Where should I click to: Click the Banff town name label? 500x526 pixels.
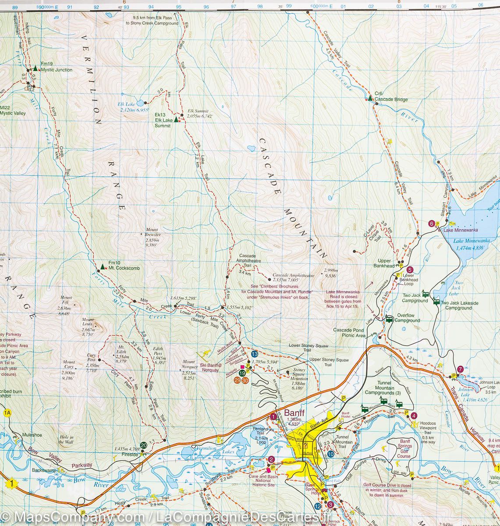(x=294, y=413)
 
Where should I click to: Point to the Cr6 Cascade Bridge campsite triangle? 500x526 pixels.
(x=370, y=98)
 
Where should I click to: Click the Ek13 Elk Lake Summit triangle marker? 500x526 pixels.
(x=176, y=119)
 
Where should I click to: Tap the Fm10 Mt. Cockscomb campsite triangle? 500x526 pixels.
(x=103, y=266)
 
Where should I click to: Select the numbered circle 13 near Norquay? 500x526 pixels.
(x=254, y=354)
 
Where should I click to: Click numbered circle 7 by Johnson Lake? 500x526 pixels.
(x=460, y=369)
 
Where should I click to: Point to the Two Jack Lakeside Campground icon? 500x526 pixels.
(x=436, y=301)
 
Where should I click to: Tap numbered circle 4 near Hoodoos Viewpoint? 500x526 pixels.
(x=414, y=416)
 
